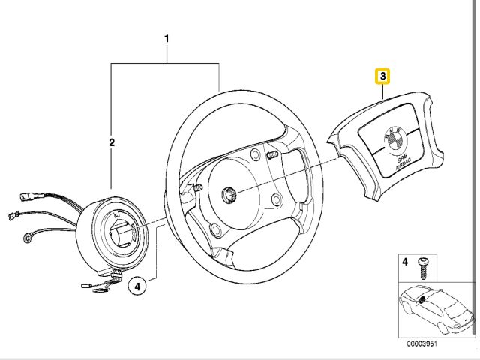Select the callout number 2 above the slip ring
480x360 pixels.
[111, 142]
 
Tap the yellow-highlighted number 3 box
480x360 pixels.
[382, 76]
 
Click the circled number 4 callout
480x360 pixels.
[136, 285]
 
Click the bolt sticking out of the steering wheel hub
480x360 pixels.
[272, 154]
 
